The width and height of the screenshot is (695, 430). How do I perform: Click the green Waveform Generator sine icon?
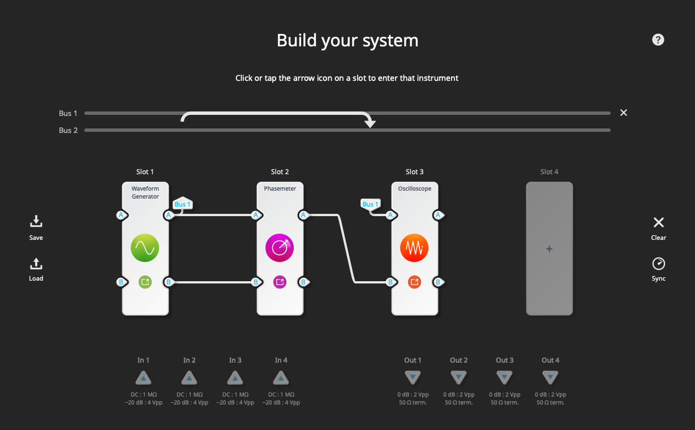(145, 248)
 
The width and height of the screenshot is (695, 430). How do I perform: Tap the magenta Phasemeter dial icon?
(280, 248)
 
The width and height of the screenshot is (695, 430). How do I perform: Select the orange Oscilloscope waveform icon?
(414, 248)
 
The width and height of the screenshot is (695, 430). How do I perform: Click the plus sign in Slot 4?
(549, 248)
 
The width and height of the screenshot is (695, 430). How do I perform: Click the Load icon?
(36, 264)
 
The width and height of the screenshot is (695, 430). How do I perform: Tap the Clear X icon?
(659, 222)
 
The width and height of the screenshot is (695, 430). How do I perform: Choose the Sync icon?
(659, 264)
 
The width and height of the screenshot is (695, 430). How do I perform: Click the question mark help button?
(658, 40)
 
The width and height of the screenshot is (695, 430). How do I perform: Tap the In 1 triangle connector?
(144, 377)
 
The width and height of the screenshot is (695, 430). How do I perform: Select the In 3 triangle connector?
(235, 377)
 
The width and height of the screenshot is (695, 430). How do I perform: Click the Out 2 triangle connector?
(458, 377)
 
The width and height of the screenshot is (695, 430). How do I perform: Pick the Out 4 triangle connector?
(550, 377)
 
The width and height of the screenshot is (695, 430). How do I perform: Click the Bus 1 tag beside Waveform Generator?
(183, 204)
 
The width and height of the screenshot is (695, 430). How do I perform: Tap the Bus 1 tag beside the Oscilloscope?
(371, 204)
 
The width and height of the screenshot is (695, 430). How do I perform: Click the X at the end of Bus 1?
(624, 113)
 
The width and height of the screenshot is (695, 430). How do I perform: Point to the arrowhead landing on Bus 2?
(370, 123)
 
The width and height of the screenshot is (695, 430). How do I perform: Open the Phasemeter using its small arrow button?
(280, 281)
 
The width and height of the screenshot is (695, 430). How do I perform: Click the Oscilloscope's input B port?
(391, 282)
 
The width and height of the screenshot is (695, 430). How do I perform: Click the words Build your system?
(347, 41)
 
